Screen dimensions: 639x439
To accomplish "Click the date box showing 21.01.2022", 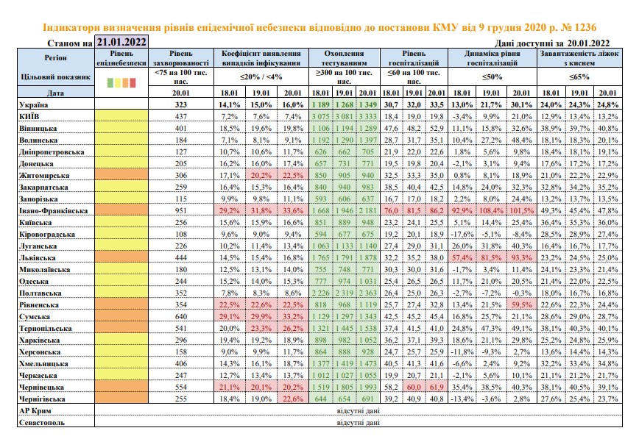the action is (x=121, y=41).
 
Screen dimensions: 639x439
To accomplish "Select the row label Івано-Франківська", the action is (x=54, y=211).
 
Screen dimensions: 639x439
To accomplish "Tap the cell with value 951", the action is (x=181, y=211).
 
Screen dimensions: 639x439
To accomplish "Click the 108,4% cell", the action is (x=491, y=211).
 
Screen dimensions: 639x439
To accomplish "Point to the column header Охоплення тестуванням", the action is (x=345, y=58).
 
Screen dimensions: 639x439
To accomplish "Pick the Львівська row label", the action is (x=37, y=258).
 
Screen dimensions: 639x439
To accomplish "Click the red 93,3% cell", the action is (x=522, y=258).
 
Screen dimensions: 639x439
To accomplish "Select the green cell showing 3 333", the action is (x=368, y=116).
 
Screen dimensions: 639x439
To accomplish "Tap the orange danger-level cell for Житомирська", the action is (x=121, y=176).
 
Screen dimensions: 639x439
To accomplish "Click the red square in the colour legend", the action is (x=133, y=82).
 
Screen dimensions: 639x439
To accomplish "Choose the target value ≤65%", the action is (x=579, y=76).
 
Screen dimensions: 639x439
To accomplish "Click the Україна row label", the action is (x=33, y=104).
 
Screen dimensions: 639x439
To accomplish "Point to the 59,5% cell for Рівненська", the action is (x=522, y=305).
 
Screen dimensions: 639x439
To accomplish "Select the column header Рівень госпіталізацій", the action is (x=414, y=58).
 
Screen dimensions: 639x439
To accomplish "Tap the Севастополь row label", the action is (x=42, y=422).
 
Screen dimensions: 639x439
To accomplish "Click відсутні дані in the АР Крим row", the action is (x=359, y=410).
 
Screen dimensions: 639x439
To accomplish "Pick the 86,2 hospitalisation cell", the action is (x=437, y=211).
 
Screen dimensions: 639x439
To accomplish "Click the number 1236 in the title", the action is (x=585, y=27).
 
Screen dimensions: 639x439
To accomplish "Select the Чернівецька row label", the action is (x=41, y=388).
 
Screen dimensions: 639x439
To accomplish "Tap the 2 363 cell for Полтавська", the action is (x=368, y=293).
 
